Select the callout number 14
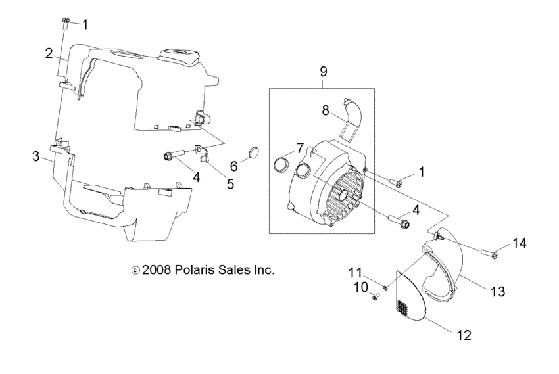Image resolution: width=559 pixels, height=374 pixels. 520,243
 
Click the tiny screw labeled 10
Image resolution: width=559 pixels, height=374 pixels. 376,297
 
